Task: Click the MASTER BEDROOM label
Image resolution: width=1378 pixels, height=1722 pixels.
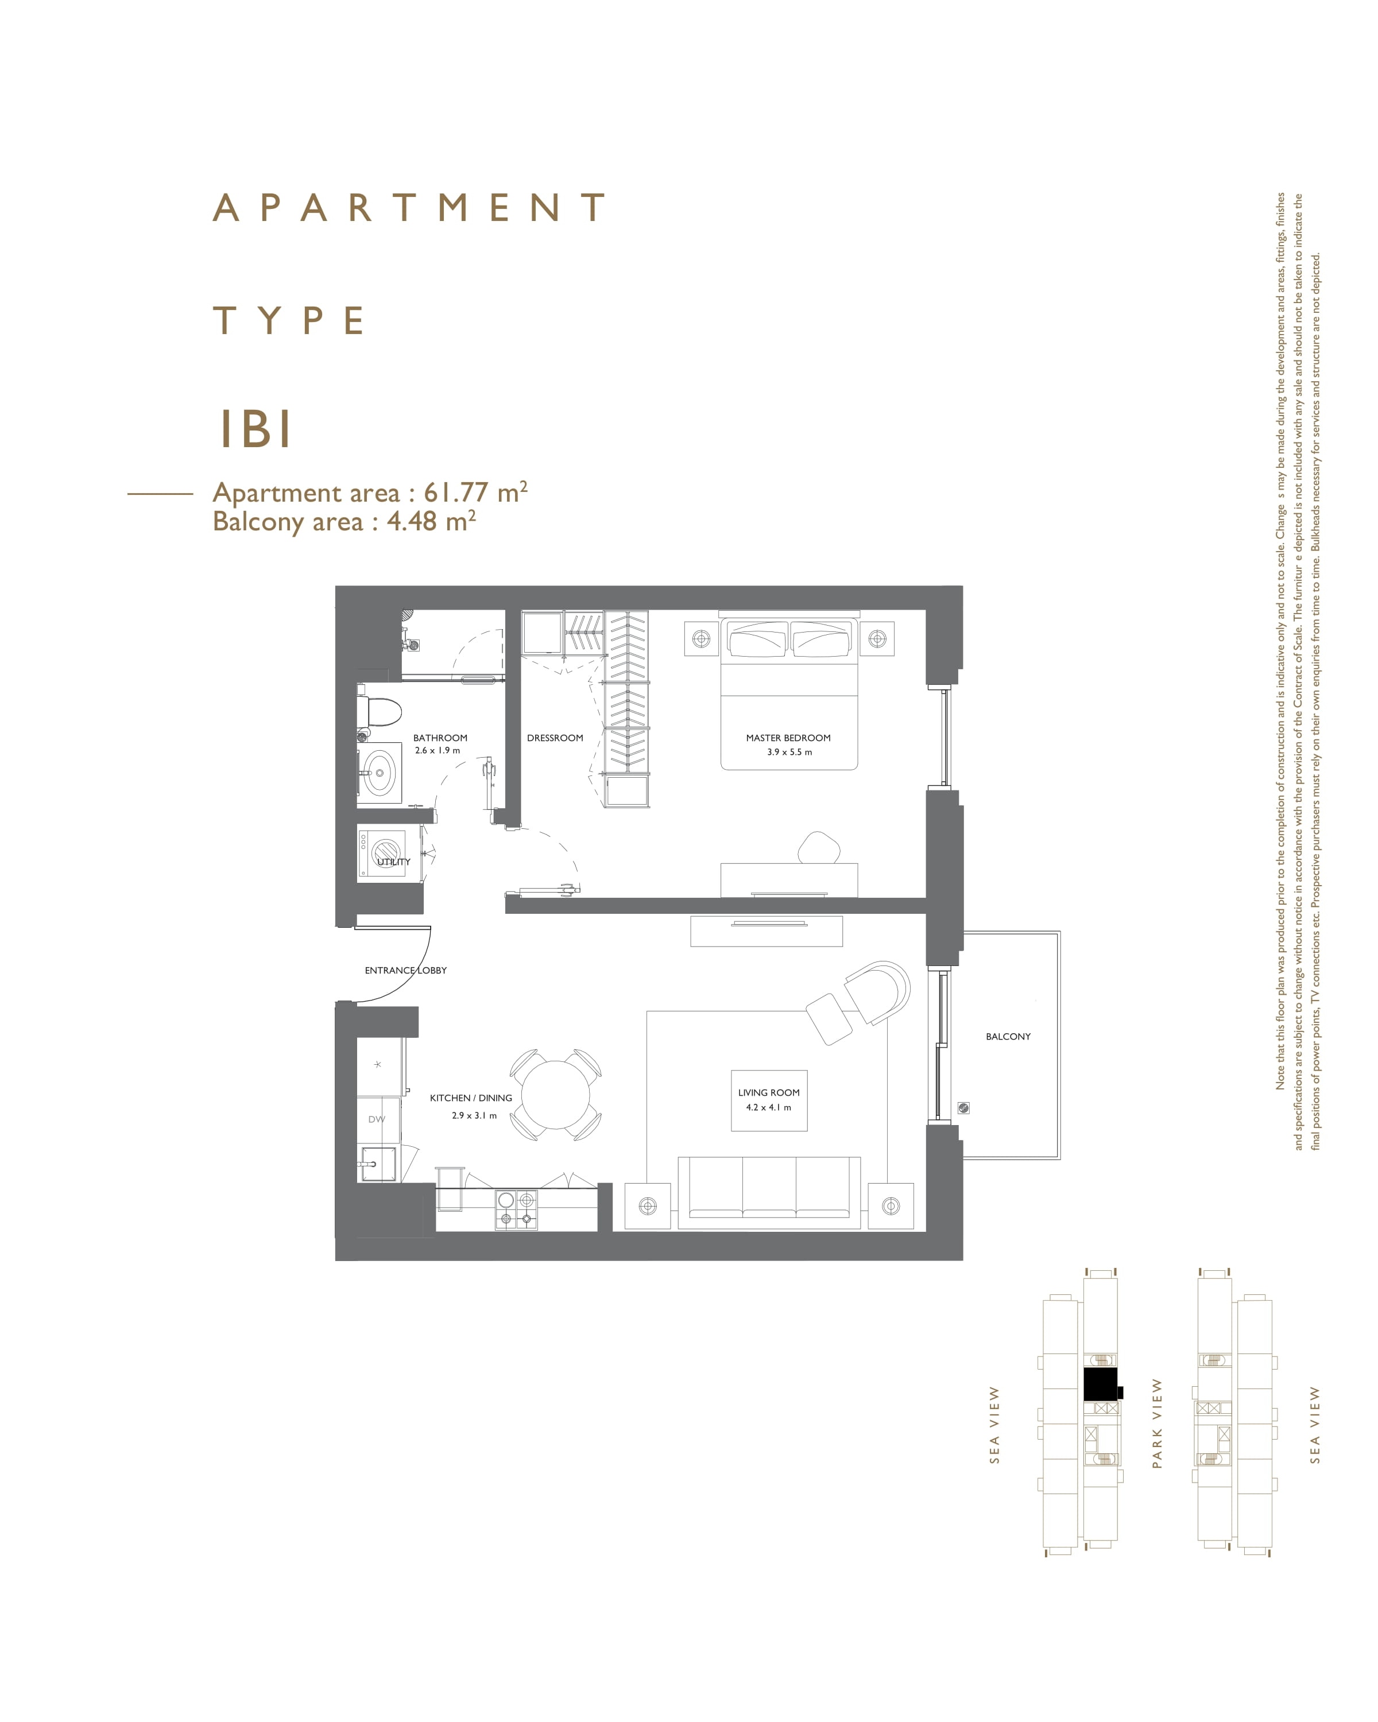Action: [x=788, y=738]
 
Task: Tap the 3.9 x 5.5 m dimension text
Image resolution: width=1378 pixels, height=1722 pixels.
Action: [x=789, y=753]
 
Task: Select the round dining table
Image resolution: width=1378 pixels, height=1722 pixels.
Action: [x=555, y=1093]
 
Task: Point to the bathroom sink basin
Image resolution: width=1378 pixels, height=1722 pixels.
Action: [x=380, y=773]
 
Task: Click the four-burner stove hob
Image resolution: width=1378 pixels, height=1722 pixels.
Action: [x=516, y=1209]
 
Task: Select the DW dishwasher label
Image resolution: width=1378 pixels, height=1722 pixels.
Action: [x=376, y=1119]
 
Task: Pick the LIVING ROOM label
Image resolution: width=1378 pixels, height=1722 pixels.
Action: [x=768, y=1092]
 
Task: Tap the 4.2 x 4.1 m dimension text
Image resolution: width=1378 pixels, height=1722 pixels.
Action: [x=768, y=1107]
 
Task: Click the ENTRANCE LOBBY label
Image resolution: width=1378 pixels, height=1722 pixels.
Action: [x=406, y=969]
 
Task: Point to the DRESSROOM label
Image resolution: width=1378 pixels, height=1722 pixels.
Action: [x=555, y=738]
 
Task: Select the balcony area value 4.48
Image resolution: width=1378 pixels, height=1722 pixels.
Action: [x=412, y=522]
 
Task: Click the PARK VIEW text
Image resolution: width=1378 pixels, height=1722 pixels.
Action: [x=1157, y=1424]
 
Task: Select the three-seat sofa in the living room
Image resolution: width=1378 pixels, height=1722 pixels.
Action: [x=769, y=1192]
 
